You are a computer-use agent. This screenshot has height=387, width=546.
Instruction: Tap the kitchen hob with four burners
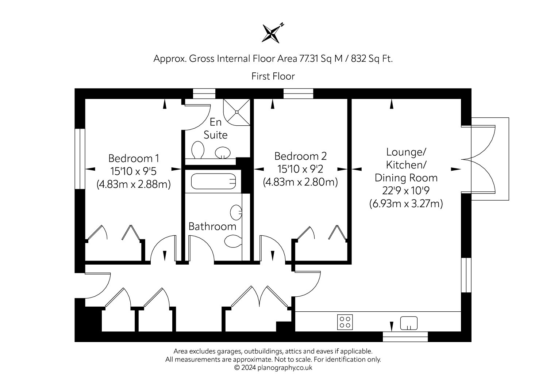point(345,322)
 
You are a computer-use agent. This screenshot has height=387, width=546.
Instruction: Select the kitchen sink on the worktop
point(409,323)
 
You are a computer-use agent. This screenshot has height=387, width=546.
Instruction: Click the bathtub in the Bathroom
point(213,181)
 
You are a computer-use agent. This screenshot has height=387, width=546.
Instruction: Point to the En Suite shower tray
point(237,112)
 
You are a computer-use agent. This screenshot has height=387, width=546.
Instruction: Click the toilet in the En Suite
point(198,150)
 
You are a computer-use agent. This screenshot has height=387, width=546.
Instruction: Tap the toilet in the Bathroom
point(233,241)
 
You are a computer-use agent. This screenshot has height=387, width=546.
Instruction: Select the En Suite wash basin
point(223,153)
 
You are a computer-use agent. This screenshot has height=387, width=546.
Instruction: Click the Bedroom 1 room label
point(134,158)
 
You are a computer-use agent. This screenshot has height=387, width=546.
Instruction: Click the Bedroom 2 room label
point(300,156)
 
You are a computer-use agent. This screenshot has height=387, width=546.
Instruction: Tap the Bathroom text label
point(212,227)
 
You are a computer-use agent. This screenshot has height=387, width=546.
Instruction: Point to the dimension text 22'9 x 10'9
point(406,190)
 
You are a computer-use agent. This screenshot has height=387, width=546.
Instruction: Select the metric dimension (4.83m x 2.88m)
point(134,184)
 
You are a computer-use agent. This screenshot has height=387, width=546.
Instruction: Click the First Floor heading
point(273,76)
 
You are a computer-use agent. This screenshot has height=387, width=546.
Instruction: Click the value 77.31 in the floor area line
point(309,58)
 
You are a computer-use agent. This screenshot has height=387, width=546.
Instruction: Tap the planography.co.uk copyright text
point(273,368)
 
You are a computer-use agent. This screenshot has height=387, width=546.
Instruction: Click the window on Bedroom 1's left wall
point(80,159)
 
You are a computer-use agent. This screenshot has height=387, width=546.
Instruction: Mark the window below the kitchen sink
point(405,337)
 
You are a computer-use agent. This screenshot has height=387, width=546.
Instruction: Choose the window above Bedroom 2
point(298,94)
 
